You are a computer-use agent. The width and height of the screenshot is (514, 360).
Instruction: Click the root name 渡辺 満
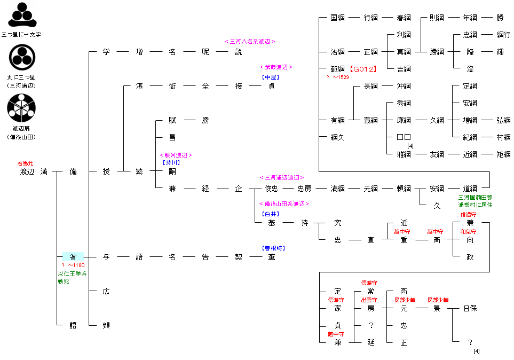(x=34, y=171)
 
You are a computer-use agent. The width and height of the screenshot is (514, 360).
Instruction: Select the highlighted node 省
(x=73, y=257)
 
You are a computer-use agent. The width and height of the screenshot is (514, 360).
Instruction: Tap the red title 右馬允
(x=26, y=162)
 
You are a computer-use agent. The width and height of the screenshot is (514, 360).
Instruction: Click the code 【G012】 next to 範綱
(x=363, y=69)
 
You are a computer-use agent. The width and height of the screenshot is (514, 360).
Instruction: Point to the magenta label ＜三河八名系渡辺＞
(x=250, y=41)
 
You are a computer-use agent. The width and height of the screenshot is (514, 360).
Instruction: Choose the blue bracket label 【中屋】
(x=271, y=77)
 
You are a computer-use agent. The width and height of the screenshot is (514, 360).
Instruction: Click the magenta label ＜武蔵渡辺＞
(x=276, y=67)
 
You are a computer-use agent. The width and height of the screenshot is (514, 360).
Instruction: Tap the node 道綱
(x=470, y=189)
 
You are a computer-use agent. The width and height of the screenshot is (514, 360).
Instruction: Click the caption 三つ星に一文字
(x=21, y=34)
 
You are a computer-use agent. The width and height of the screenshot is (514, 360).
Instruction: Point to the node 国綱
(x=337, y=18)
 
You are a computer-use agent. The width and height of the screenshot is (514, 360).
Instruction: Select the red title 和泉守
(x=468, y=232)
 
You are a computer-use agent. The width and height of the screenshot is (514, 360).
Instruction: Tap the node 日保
(x=470, y=308)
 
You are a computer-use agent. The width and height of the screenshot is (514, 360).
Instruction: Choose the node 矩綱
(x=503, y=154)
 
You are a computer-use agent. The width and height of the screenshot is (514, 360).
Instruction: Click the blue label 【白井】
(x=271, y=214)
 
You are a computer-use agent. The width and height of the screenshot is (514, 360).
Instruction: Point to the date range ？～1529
(x=337, y=77)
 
